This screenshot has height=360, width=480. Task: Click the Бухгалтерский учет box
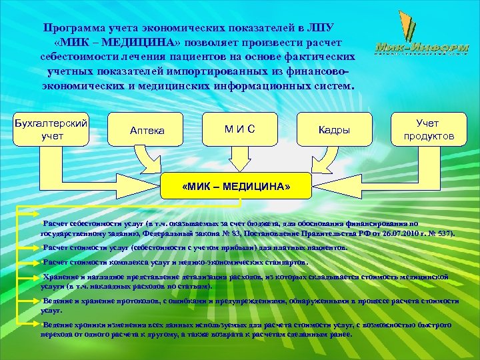pos(51,129)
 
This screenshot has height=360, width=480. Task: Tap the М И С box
pos(239,127)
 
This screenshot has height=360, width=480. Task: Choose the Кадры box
pos(334,130)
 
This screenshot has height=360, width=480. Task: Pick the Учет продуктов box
pos(429,129)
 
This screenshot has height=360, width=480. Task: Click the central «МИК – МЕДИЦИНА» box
pos(236,187)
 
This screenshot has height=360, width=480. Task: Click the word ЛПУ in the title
pos(319,29)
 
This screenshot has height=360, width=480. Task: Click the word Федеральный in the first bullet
pos(166,235)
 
